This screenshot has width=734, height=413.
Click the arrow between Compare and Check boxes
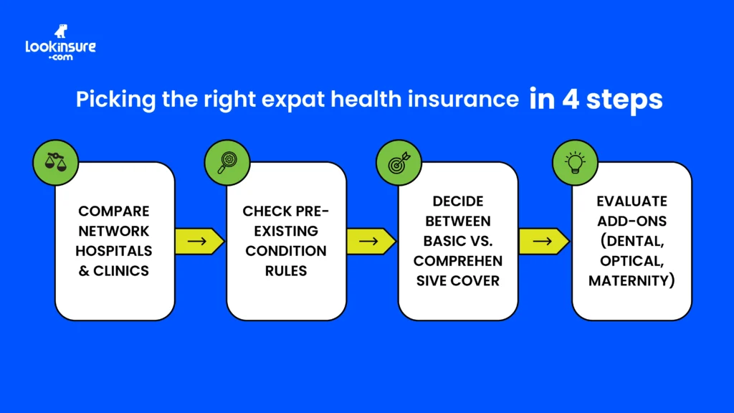[197, 241]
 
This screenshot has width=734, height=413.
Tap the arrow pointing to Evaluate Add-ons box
[542, 241]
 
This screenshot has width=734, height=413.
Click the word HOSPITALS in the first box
[115, 251]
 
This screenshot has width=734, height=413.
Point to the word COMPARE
[115, 211]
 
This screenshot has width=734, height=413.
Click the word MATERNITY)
[631, 280]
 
